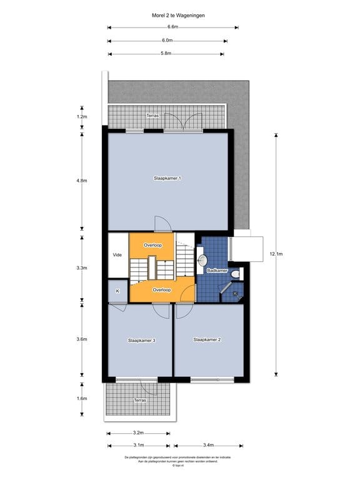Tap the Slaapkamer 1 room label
click(167, 179)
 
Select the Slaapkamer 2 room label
click(207, 340)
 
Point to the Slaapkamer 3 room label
click(141, 341)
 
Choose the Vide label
click(117, 255)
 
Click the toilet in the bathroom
click(234, 274)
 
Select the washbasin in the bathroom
click(202, 259)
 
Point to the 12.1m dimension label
click(276, 254)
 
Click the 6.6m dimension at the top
click(172, 27)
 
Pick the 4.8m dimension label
click(81, 180)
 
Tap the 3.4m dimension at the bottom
click(207, 445)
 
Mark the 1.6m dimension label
click(81, 398)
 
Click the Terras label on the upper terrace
click(152, 116)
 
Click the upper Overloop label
click(152, 245)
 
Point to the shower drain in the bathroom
click(235, 293)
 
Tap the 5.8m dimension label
click(166, 54)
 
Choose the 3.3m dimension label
click(81, 268)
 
